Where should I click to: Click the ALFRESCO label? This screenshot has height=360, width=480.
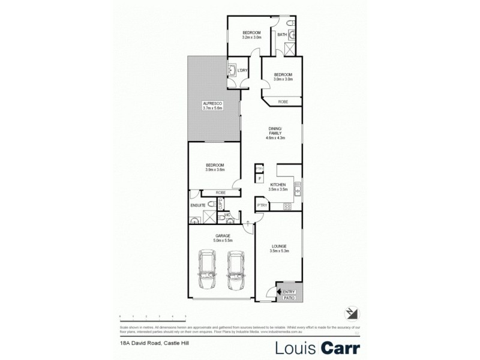(x=213, y=103)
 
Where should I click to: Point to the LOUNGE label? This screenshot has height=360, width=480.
(x=278, y=246)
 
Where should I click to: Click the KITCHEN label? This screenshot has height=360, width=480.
(x=279, y=184)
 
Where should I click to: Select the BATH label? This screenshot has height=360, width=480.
(x=281, y=35)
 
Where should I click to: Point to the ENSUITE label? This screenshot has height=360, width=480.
(x=198, y=206)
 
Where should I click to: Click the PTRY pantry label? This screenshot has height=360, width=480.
(x=262, y=205)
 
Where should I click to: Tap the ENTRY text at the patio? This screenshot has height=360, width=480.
(x=289, y=292)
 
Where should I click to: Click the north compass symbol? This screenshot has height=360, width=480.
(x=351, y=312)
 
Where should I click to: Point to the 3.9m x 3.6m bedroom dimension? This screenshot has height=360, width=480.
(x=215, y=170)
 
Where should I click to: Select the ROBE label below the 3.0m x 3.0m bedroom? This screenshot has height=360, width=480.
(x=282, y=103)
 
